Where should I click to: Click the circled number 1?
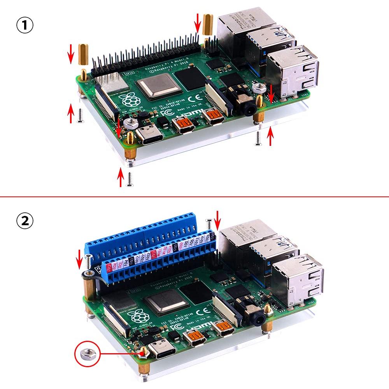(x=25, y=26)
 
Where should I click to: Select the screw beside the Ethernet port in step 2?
(x=209, y=224)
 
